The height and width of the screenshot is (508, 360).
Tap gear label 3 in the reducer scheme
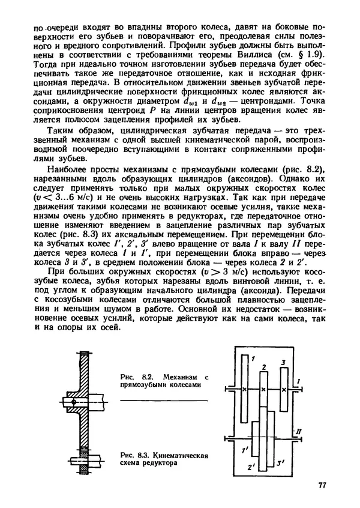pos(282,363)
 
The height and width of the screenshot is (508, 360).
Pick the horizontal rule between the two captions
pos(163,400)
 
